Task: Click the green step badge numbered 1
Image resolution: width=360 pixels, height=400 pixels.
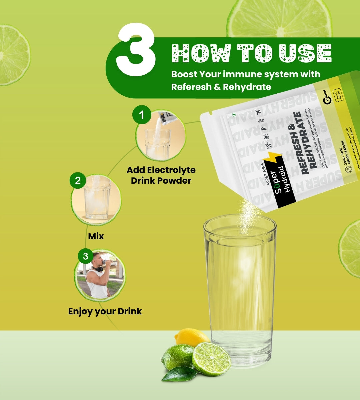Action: [142, 115]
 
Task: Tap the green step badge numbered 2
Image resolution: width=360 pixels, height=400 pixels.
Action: [78, 180]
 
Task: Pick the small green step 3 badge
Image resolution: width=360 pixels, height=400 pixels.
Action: [86, 256]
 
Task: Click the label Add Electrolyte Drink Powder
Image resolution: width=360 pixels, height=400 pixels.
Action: [161, 175]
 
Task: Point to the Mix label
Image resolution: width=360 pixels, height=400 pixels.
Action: [96, 236]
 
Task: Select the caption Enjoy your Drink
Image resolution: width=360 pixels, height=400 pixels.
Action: [105, 311]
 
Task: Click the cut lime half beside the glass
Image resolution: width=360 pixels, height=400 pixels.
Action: [211, 359]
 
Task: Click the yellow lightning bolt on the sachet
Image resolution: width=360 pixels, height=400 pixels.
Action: [273, 160]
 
